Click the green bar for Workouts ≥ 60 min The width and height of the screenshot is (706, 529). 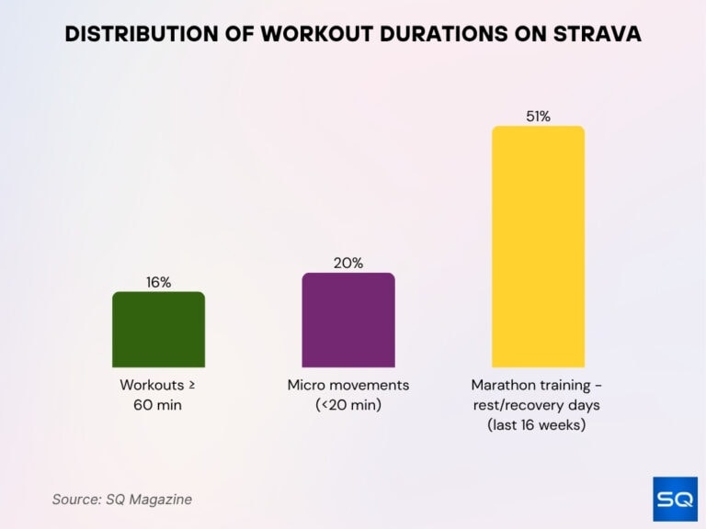[158, 330]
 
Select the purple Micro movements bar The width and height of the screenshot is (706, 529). [348, 321]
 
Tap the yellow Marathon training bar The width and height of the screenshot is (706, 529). [538, 247]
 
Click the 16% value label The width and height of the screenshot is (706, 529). [158, 282]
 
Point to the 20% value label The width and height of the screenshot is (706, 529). [348, 263]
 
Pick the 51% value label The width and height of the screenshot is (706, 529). [538, 116]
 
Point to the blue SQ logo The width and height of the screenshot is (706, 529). [675, 499]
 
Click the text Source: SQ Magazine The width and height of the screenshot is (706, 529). [121, 500]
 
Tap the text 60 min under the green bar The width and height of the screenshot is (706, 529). [158, 404]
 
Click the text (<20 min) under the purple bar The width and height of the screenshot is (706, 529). [348, 404]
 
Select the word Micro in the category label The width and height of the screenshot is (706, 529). [306, 385]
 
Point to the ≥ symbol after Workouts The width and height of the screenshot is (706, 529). [190, 385]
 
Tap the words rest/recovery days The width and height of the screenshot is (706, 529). [538, 404]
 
